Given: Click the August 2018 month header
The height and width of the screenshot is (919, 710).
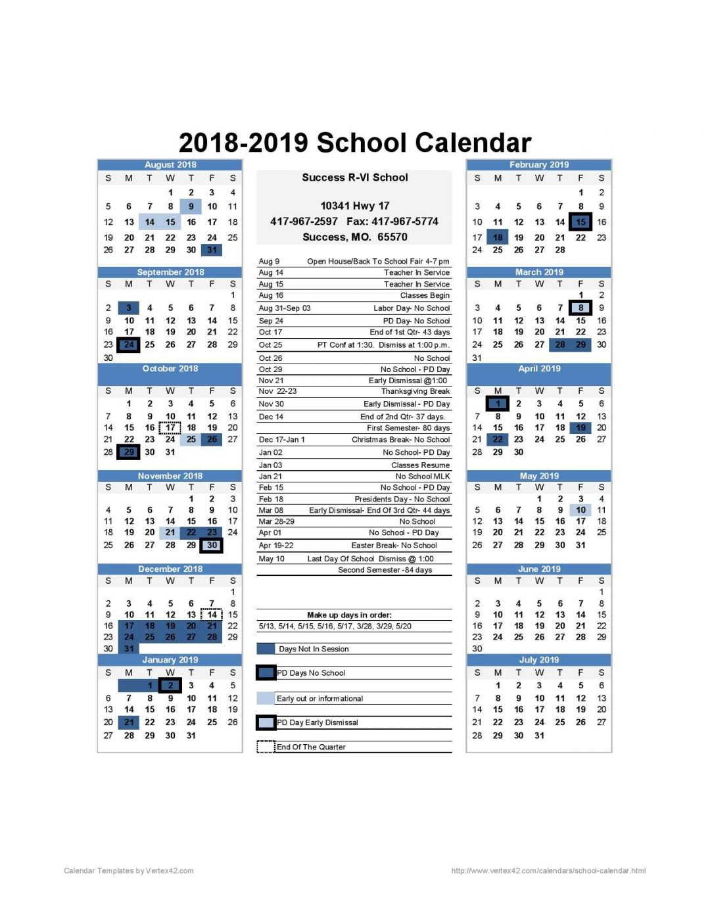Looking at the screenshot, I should click(x=170, y=165).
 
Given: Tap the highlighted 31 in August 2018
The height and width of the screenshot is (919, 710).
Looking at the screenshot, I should click(x=212, y=250).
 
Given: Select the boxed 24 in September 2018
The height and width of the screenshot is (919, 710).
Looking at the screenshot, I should click(x=129, y=344).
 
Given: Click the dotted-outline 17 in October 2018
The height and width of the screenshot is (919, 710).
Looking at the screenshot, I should click(x=170, y=427).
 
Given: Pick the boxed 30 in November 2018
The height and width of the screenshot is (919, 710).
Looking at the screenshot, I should click(x=212, y=545).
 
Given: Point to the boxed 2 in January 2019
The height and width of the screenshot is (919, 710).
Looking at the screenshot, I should click(x=170, y=685).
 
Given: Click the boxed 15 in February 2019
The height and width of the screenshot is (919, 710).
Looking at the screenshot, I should click(x=580, y=222).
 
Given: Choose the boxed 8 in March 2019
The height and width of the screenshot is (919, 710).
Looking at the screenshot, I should click(x=580, y=308).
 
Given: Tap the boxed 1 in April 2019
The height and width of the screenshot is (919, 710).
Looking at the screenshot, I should click(x=498, y=404).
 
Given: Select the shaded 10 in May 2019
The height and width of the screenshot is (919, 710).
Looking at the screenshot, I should click(x=580, y=510).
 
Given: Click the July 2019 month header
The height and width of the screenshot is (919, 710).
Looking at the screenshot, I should click(x=538, y=659).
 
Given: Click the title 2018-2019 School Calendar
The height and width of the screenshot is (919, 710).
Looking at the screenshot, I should click(x=354, y=143).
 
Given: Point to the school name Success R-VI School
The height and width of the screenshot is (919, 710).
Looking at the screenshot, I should click(x=354, y=177).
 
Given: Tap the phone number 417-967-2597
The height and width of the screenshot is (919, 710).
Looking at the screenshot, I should click(x=304, y=222).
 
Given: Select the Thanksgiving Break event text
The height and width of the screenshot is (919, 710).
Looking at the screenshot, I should click(x=415, y=391).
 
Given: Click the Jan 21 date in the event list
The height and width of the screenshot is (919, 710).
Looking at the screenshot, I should click(x=270, y=477).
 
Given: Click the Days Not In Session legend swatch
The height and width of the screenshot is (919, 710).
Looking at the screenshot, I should click(x=266, y=649).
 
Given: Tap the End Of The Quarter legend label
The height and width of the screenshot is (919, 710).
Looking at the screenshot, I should click(x=311, y=747).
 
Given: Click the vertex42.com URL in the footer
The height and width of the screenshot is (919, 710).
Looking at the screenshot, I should click(x=548, y=871).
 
